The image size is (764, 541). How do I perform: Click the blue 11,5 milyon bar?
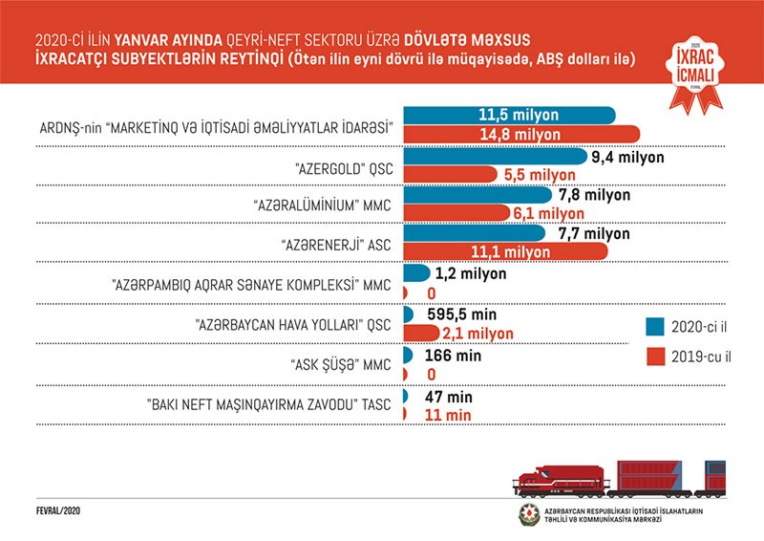pyautogui.click(x=510, y=115)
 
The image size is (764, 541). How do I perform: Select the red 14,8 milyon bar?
pyautogui.click(x=521, y=134)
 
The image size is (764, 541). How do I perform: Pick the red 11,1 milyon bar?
pyautogui.click(x=506, y=251)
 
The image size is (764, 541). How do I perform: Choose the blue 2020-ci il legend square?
pyautogui.click(x=654, y=326)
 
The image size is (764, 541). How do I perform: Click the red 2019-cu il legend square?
pyautogui.click(x=654, y=358)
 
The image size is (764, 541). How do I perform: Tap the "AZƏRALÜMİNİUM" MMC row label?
pyautogui.click(x=324, y=203)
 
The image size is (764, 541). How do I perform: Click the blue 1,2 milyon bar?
pyautogui.click(x=416, y=273)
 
